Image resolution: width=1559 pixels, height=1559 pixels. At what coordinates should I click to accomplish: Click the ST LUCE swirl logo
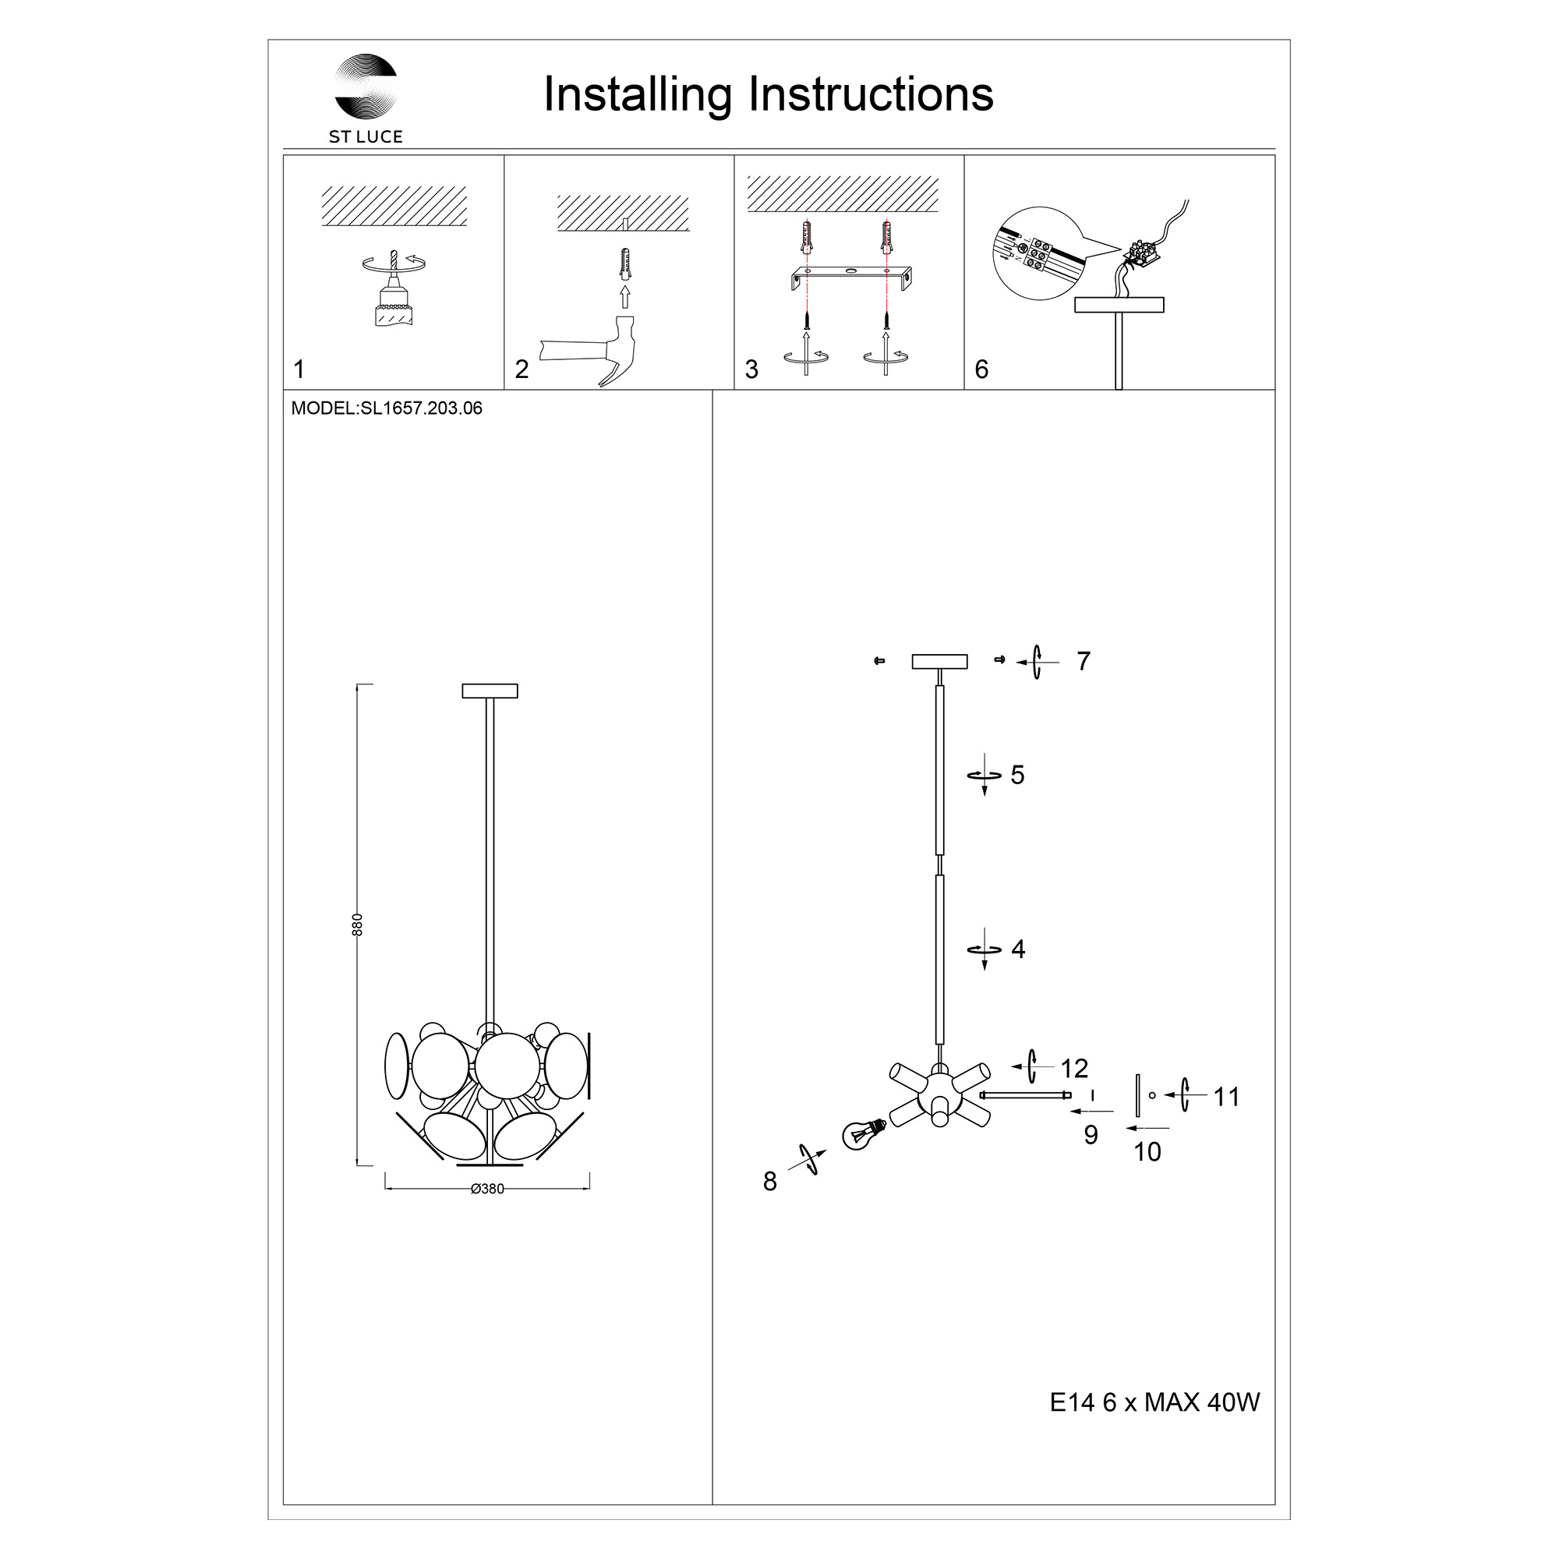pyautogui.click(x=366, y=87)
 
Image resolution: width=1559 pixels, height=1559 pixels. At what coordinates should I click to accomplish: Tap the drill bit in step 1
pyautogui.click(x=394, y=260)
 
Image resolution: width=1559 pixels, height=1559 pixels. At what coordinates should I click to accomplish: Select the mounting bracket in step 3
pyautogui.click(x=850, y=278)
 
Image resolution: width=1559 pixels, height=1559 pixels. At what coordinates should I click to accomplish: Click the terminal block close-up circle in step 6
pyautogui.click(x=1037, y=253)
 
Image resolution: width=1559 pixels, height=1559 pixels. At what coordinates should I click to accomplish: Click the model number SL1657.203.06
pyautogui.click(x=421, y=408)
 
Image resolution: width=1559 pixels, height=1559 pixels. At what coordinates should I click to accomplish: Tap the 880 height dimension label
pyautogui.click(x=359, y=924)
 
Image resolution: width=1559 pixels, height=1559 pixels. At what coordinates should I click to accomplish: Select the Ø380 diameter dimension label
pyautogui.click(x=487, y=1190)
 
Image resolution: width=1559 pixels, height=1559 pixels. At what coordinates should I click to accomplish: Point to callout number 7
pyautogui.click(x=1084, y=662)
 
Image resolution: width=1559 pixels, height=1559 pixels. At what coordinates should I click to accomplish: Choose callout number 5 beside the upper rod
pyautogui.click(x=1017, y=776)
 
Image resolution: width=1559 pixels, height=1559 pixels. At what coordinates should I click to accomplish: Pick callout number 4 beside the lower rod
pyautogui.click(x=1018, y=949)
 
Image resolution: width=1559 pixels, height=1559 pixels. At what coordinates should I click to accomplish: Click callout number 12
pyautogui.click(x=1074, y=1069)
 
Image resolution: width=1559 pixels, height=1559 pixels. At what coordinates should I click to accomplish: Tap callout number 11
pyautogui.click(x=1225, y=1098)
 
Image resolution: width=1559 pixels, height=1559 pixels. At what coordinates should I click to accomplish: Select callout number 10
pyautogui.click(x=1147, y=1152)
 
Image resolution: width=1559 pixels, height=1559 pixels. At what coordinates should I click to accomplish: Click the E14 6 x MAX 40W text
pyautogui.click(x=1154, y=1403)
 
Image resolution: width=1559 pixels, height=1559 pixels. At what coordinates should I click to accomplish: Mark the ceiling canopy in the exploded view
pyautogui.click(x=939, y=662)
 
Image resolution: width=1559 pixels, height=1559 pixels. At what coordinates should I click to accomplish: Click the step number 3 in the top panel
pyautogui.click(x=751, y=369)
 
